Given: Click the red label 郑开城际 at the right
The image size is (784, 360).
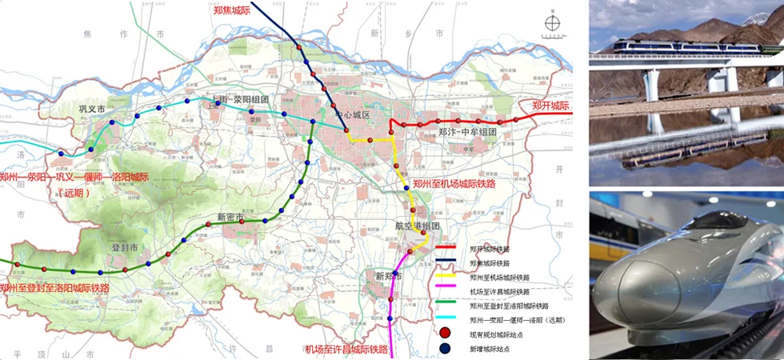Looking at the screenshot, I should (550, 106).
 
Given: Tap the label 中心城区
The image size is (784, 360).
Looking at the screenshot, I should (353, 115).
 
